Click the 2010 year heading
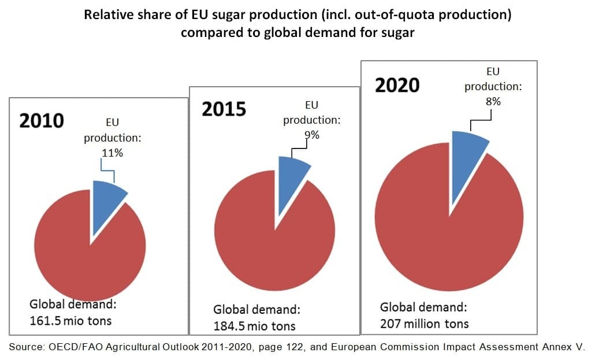click(x=42, y=121)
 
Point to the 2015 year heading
click(x=224, y=109)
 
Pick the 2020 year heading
click(x=397, y=85)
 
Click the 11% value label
click(x=113, y=153)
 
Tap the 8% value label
click(x=493, y=101)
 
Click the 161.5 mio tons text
click(x=70, y=320)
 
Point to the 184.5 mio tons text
click(x=254, y=326)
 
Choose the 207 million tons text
click(x=424, y=324)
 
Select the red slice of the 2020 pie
click(x=445, y=231)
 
